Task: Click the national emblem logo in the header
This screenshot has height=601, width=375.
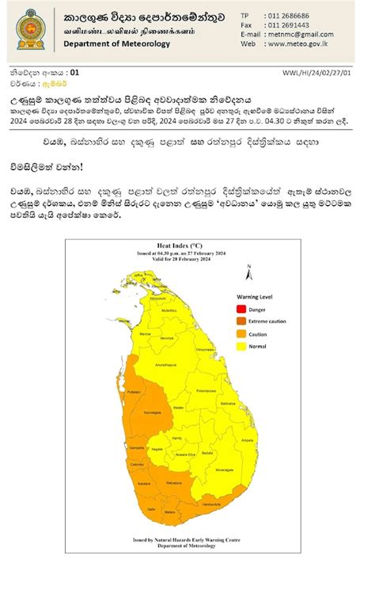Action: pos(30,29)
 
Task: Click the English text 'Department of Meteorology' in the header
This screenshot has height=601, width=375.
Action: pos(117,44)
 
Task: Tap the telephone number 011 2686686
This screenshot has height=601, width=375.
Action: pos(289,16)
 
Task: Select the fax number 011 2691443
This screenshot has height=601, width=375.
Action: pos(288,25)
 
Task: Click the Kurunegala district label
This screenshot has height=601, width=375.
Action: pos(153,413)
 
